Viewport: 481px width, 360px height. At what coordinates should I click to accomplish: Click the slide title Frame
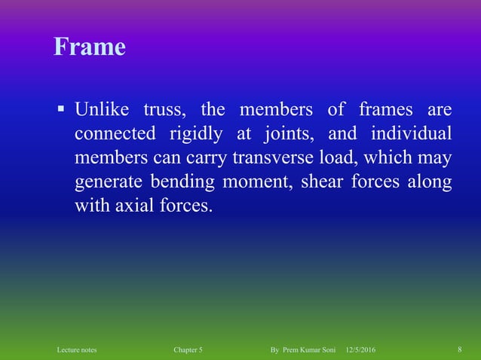click(89, 47)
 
